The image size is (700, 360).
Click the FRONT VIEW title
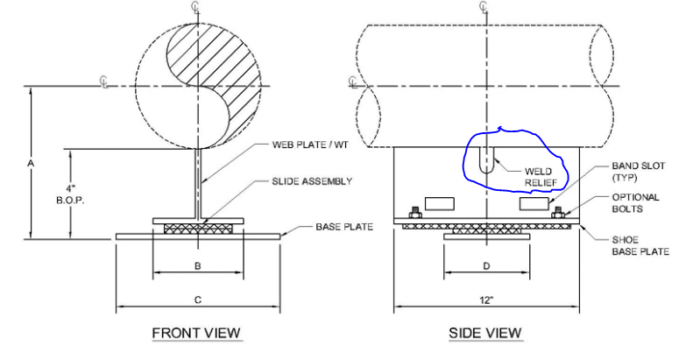point(196,333)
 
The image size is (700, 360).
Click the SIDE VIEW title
point(484,333)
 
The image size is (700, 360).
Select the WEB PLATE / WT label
point(305,145)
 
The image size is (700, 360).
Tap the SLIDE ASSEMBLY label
point(310,181)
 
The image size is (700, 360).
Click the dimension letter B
point(198,265)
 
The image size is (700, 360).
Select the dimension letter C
point(198,300)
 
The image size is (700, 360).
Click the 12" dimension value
point(486,300)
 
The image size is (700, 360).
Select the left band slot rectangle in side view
point(436,203)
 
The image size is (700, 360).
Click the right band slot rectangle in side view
point(533,203)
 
